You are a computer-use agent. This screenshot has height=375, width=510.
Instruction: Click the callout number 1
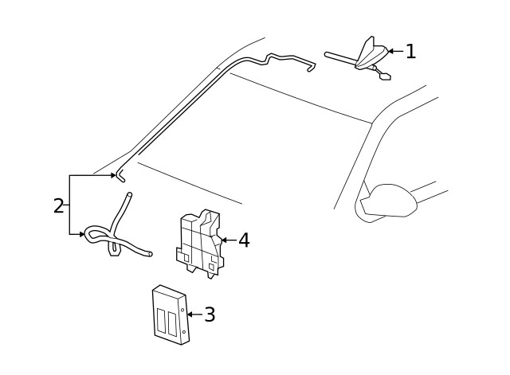click(x=410, y=52)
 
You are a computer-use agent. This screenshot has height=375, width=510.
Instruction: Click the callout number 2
click(x=58, y=205)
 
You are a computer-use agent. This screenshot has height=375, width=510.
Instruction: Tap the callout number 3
click(x=210, y=314)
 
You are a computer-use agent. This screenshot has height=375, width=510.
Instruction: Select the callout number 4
click(x=244, y=240)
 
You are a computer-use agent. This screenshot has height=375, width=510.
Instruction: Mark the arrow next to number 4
click(x=227, y=240)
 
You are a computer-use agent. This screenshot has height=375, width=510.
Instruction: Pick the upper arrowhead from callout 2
click(x=112, y=174)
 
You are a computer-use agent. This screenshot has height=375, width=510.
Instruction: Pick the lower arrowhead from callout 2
click(x=82, y=235)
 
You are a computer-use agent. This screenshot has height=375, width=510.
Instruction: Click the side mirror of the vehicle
click(x=390, y=199)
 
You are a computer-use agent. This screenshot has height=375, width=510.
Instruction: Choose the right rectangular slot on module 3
click(x=173, y=323)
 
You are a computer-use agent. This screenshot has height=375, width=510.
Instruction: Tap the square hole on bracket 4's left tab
click(x=185, y=258)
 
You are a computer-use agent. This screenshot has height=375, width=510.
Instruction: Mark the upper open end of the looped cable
click(x=128, y=195)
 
